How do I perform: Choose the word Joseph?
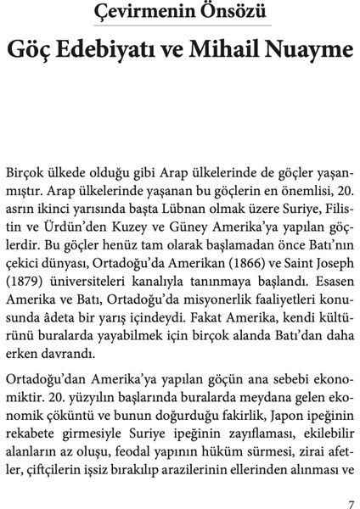click(x=330, y=263)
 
